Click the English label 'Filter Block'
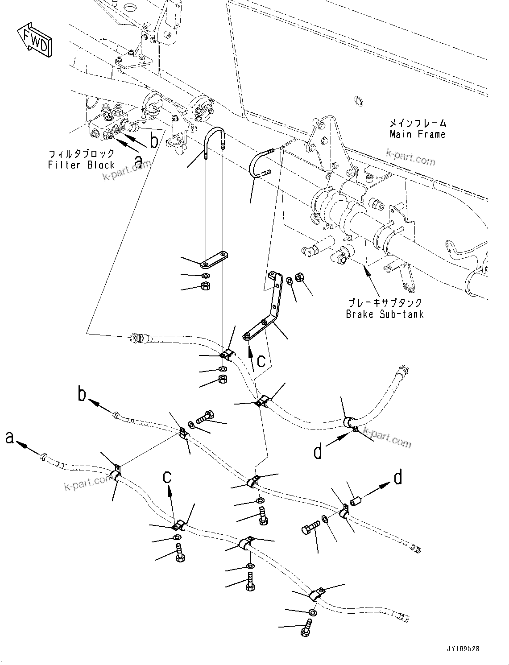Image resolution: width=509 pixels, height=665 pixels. point(81,165)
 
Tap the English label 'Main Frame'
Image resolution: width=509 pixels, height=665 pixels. point(417,134)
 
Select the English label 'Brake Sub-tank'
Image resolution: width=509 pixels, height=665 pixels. point(385,314)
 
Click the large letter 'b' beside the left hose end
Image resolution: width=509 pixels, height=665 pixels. point(82,394)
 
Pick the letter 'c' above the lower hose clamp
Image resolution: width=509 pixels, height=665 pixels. point(167,477)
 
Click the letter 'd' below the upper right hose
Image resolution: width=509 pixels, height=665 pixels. point(318,452)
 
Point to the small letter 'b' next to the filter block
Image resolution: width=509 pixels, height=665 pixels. point(154,141)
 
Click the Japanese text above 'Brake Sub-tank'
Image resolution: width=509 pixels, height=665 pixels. point(385,303)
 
